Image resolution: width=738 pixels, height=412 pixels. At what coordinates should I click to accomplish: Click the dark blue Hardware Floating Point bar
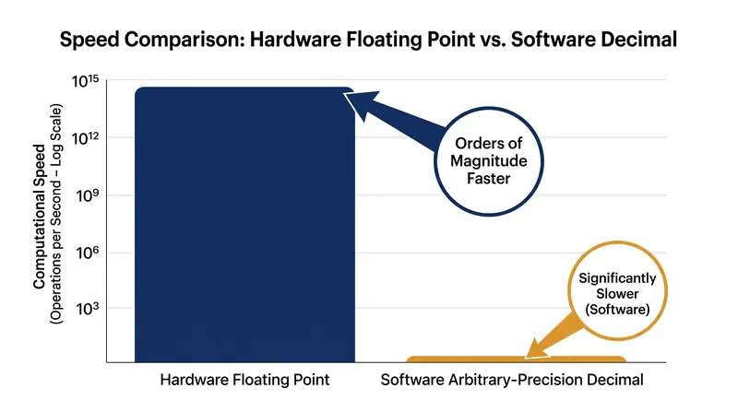pos(244,224)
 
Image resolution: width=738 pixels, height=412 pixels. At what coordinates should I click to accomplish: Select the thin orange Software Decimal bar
pos(517,359)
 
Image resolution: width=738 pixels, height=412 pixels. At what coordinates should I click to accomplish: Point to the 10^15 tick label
pos(85,81)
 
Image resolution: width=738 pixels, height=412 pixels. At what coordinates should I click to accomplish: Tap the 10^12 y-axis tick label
pos(85,139)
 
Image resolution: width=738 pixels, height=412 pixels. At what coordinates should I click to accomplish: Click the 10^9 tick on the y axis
pos(88,195)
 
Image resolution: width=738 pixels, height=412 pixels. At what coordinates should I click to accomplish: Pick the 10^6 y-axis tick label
pos(88,253)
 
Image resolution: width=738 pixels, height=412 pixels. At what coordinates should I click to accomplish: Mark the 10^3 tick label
pos(88,309)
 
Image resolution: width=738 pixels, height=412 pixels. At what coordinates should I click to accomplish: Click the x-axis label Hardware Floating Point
pos(244,380)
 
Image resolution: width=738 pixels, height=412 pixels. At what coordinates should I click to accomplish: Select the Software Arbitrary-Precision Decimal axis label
pos(512,380)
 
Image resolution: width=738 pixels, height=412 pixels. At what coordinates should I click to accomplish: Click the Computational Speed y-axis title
pos(39,217)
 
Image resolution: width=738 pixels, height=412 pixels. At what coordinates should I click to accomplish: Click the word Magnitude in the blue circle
pos(489,161)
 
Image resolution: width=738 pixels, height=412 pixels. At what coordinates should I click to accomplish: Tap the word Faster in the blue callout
pos(489,179)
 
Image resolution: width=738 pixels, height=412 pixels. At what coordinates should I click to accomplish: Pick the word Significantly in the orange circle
pos(617,278)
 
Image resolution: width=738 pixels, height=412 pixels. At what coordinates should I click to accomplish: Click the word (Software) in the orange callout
pos(617,310)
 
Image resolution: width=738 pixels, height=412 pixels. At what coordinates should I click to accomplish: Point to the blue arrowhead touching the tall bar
pos(361,103)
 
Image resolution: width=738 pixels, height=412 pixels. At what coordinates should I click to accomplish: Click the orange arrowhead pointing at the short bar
pos(538,349)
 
